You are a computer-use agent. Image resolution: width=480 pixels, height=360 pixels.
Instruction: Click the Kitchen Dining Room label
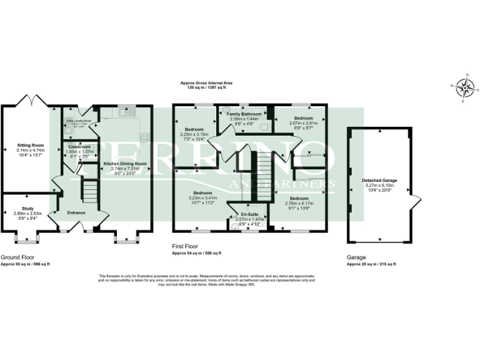click(x=124, y=163)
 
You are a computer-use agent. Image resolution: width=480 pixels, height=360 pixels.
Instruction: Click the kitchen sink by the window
click(x=129, y=112)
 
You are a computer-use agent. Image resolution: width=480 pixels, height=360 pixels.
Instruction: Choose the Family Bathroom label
click(x=244, y=114)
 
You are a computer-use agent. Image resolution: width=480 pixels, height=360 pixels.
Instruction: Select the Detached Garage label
click(x=379, y=181)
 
